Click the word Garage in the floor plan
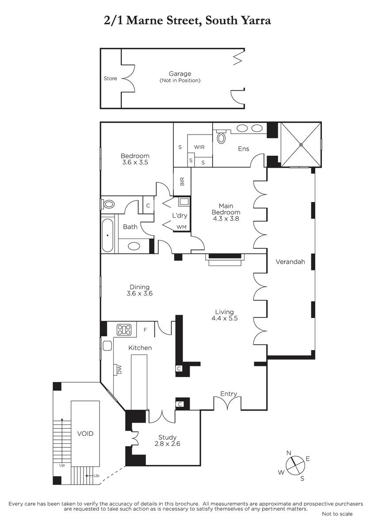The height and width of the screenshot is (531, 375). click(180, 74)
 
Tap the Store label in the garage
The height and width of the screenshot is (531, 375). click(111, 78)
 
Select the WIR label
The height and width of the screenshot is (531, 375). click(199, 147)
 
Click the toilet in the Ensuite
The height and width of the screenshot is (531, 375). click(221, 137)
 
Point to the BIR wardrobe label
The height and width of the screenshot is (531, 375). click(182, 181)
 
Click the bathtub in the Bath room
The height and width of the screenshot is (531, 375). click(107, 235)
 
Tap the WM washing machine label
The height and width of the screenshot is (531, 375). click(181, 227)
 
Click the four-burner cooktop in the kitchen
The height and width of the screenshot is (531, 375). click(124, 330)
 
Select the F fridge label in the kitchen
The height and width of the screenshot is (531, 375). click(145, 330)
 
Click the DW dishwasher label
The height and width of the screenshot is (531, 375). click(119, 370)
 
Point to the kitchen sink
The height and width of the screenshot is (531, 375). click(107, 346)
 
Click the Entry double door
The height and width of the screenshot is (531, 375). click(227, 403)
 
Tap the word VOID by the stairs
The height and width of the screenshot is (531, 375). click(85, 434)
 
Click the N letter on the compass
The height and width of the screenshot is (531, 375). click(288, 453)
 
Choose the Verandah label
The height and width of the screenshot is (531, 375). click(290, 262)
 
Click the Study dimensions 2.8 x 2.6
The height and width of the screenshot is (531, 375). click(167, 444)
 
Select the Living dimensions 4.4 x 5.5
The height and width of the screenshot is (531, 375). click(225, 318)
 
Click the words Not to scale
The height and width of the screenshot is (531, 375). click(337, 514)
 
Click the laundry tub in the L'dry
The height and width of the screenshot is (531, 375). click(184, 202)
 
